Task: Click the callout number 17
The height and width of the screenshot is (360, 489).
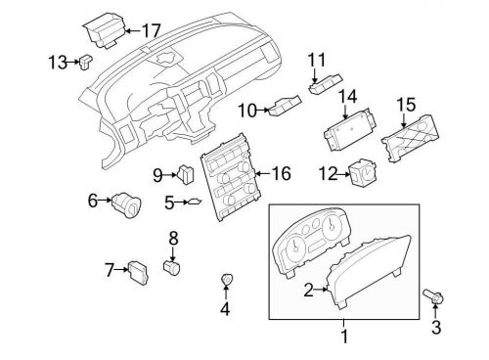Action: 151,29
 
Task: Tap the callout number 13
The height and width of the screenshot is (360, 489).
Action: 58,63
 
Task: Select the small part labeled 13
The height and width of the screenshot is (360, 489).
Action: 86,64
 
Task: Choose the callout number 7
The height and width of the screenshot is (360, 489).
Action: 111,268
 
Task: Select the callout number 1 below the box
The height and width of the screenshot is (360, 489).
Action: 342,337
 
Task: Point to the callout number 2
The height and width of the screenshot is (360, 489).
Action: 309,290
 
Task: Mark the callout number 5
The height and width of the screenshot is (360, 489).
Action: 169,203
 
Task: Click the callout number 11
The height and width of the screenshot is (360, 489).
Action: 315,61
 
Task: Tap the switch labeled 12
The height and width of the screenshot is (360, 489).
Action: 366,173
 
